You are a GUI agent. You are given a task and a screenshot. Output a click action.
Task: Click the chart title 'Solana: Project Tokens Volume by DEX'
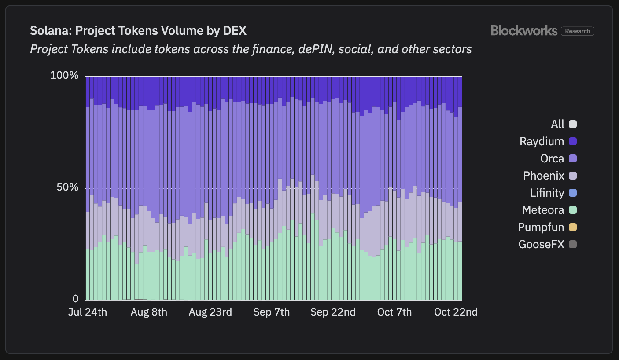[138, 31]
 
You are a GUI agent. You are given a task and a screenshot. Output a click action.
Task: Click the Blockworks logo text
[524, 30]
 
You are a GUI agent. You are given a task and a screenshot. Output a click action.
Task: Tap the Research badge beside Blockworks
[578, 31]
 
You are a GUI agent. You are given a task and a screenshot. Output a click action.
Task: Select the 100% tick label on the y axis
[64, 76]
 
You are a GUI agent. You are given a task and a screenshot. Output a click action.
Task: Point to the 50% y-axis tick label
[67, 187]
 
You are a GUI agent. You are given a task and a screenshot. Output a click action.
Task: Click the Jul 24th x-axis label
[87, 312]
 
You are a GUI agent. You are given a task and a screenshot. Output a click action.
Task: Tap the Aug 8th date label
[149, 312]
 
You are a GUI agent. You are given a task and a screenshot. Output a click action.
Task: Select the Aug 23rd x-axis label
[210, 312]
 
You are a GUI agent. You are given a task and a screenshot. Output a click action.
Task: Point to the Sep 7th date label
[272, 312]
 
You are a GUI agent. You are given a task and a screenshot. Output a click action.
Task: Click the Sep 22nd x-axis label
[333, 312]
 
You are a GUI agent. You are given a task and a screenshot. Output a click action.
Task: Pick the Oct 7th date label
[394, 312]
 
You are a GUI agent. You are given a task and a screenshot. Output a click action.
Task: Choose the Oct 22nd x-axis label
[456, 312]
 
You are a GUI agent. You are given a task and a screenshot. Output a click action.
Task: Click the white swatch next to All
[572, 124]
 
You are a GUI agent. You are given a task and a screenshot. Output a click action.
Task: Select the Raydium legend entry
[542, 141]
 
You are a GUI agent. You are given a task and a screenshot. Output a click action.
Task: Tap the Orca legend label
[552, 158]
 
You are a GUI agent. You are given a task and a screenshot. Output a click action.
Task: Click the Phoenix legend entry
[544, 176]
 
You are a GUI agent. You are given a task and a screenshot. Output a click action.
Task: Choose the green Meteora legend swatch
[572, 210]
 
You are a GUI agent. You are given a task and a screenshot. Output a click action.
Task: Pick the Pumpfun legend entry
[541, 227]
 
